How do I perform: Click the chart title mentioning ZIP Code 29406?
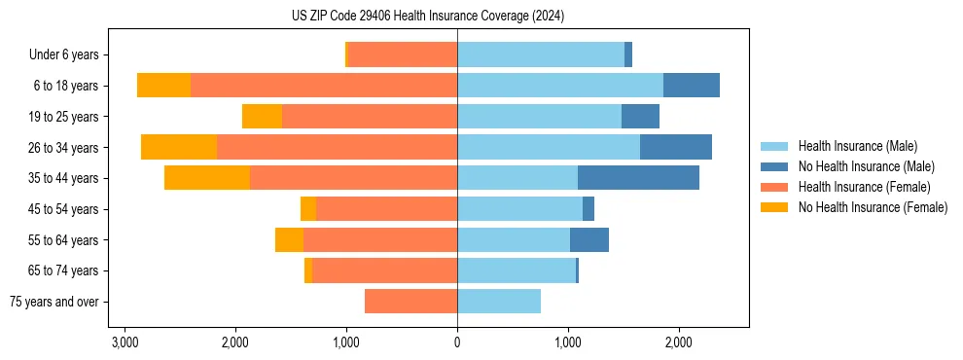point(427,17)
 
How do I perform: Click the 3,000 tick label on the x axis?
point(125,342)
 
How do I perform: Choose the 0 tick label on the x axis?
point(457,342)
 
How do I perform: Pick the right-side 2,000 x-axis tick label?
point(678,342)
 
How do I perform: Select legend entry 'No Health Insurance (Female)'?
point(873,207)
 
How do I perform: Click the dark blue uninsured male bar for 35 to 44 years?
point(638,178)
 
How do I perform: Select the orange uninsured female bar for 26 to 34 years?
point(179,147)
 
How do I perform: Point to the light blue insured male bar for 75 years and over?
point(499,302)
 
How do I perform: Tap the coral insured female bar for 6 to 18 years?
point(324,86)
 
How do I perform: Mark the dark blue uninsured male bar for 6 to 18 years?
point(692,86)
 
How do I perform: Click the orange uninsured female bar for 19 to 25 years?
point(262,117)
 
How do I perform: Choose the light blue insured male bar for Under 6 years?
point(541,55)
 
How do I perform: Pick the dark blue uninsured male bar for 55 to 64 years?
point(589,239)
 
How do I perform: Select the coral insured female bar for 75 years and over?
point(410,302)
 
